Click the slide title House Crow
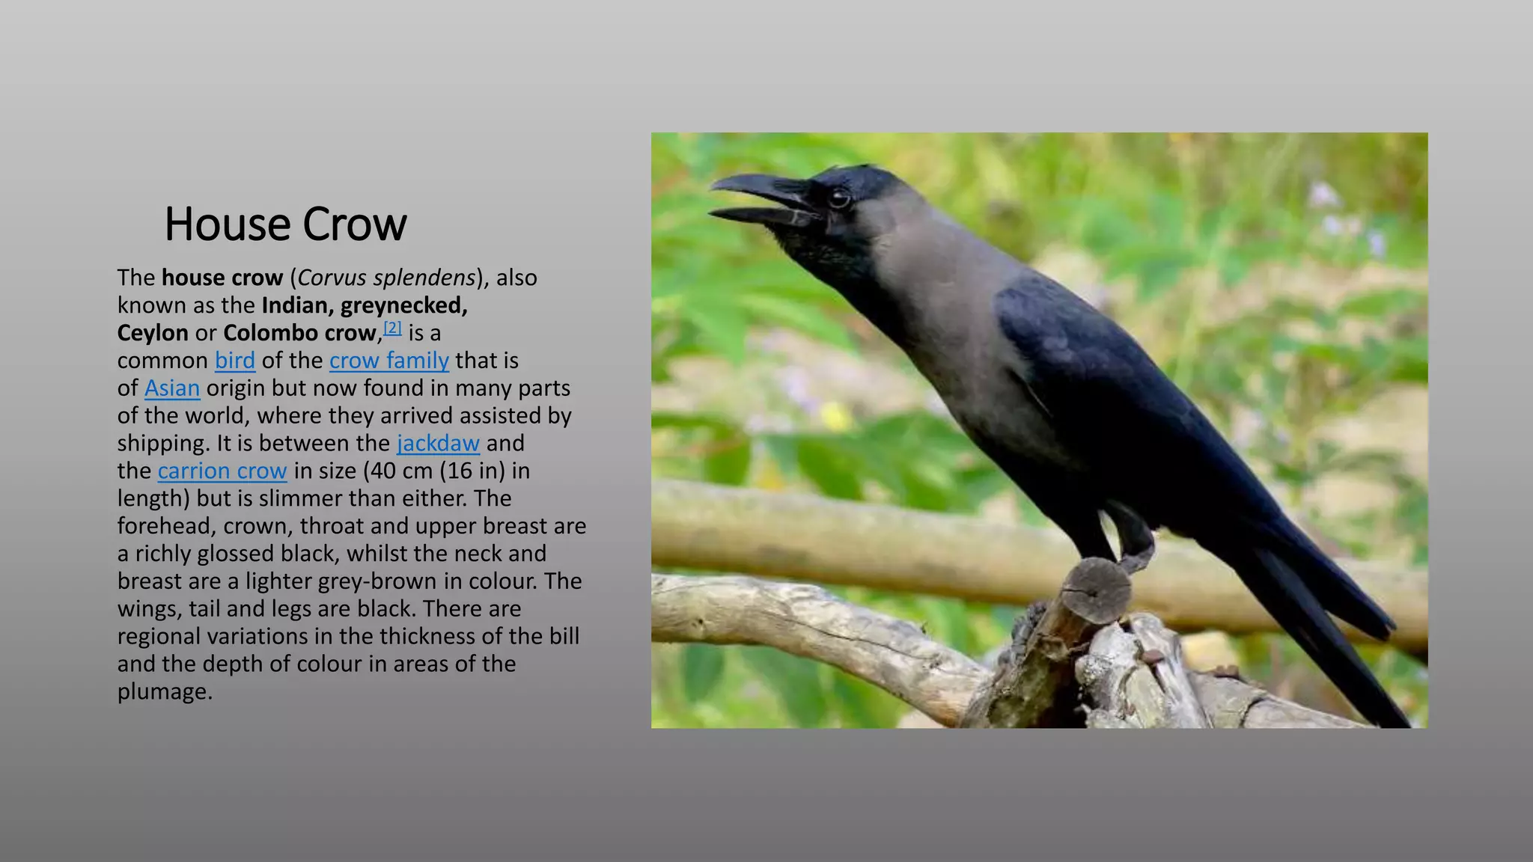click(285, 224)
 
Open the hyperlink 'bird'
click(235, 361)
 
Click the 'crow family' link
click(388, 361)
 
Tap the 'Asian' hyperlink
click(172, 388)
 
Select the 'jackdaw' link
click(438, 444)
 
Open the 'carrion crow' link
click(222, 471)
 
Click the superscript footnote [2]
click(392, 328)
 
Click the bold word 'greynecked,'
click(404, 305)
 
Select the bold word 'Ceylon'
click(153, 333)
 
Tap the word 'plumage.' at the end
click(165, 692)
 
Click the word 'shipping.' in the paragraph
click(163, 444)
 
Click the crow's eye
click(838, 198)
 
